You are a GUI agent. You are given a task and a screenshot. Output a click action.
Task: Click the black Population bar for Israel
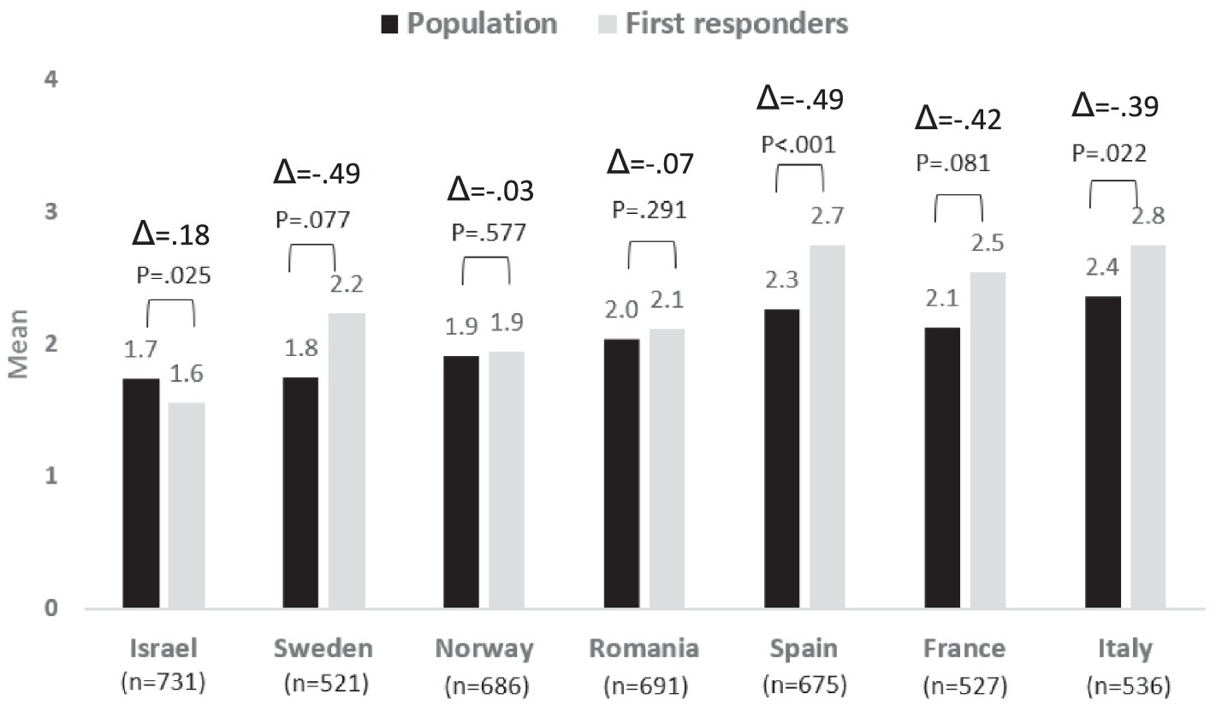[141, 494]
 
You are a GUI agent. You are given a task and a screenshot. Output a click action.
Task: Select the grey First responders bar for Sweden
[347, 461]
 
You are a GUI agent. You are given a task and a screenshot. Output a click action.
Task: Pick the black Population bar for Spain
[780, 460]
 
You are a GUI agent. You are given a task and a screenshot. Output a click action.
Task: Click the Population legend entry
[469, 24]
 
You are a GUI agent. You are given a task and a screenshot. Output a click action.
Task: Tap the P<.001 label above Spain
[798, 143]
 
